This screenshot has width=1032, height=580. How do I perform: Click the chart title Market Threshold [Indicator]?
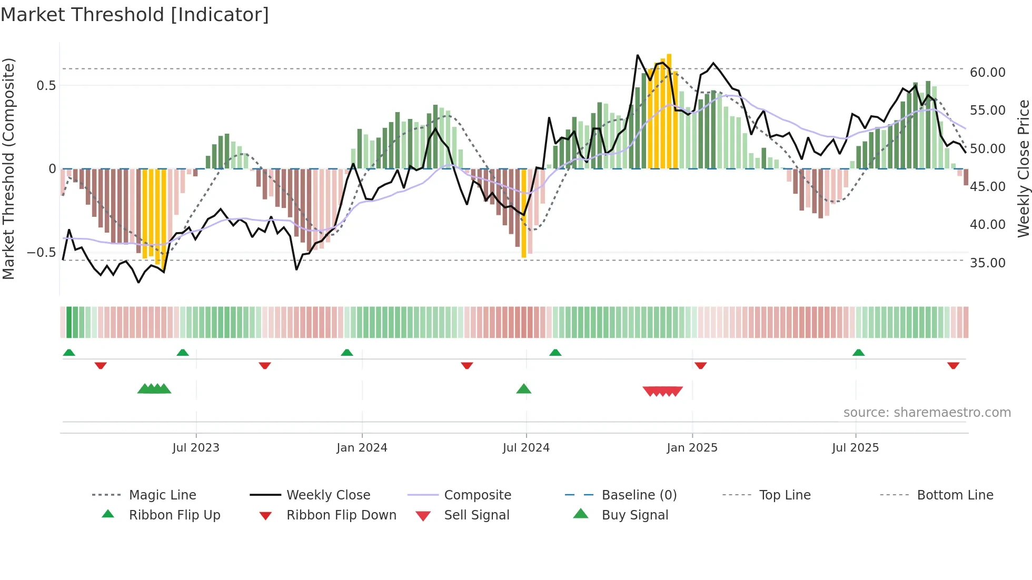coord(135,15)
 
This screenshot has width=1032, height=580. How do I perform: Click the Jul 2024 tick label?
coord(526,448)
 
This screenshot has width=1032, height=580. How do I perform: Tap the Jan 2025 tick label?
coord(692,448)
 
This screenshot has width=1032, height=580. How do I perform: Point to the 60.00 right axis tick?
coord(987,73)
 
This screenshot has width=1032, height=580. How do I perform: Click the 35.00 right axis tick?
coord(987,263)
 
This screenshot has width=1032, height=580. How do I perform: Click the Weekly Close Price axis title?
coord(1023,168)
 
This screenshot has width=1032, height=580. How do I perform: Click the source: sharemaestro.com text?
coord(927,413)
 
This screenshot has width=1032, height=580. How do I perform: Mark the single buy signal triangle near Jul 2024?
coord(523,389)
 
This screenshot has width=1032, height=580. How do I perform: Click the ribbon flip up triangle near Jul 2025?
coord(858,352)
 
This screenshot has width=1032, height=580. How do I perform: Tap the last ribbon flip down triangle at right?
coord(953,365)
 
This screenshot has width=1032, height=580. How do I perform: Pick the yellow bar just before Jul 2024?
coord(523,213)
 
